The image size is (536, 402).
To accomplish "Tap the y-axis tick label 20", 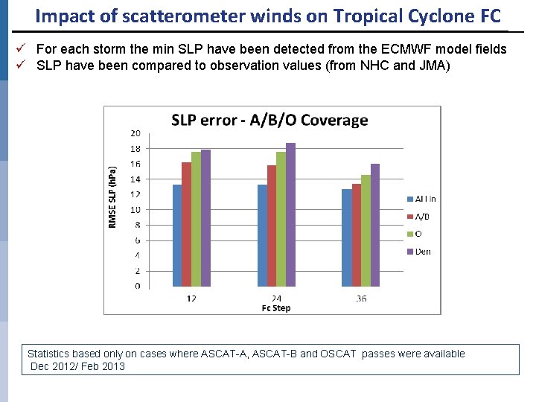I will tap(135, 133).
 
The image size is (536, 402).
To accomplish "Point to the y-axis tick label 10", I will tap(135, 210).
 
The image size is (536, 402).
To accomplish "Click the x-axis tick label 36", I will tap(360, 299).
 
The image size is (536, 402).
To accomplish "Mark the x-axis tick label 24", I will tap(276, 299).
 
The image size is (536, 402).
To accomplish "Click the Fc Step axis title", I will tap(276, 307).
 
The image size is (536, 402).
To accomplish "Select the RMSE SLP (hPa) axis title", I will tap(113, 197).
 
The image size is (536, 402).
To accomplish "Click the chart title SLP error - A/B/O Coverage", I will tap(269, 120).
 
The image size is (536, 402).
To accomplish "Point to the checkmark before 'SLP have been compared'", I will tap(22, 64).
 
